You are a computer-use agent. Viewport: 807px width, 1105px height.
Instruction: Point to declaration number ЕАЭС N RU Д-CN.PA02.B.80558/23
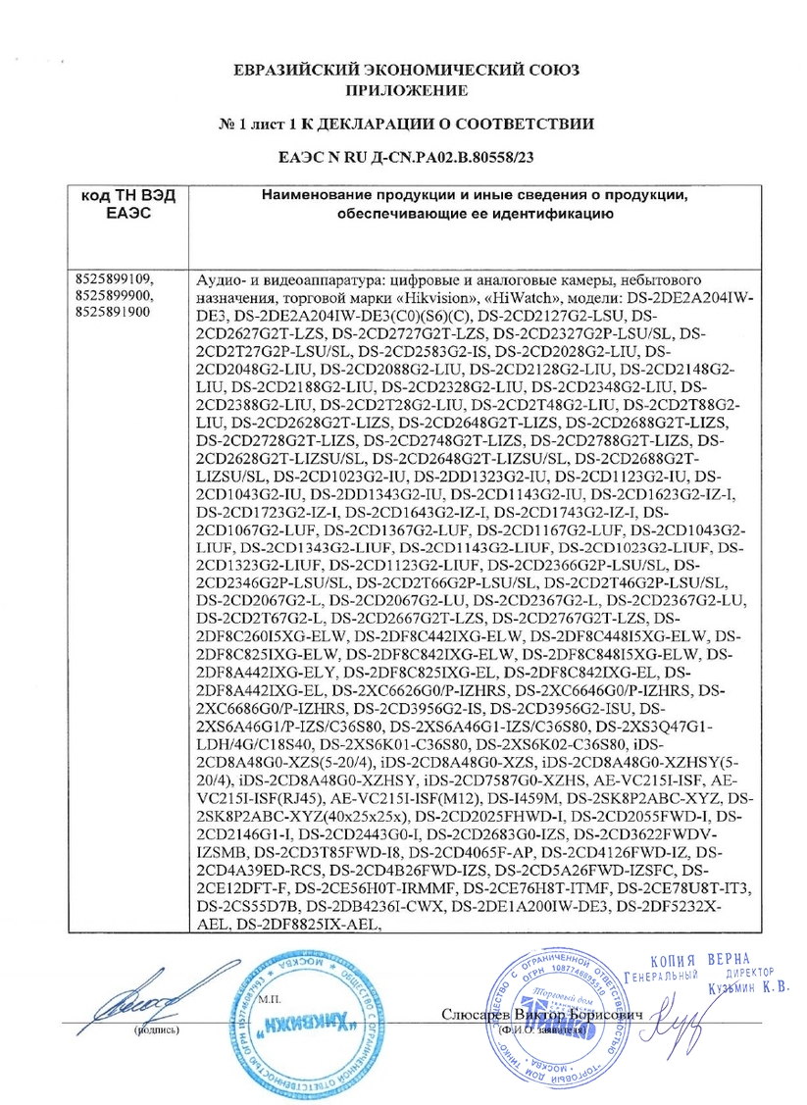(x=406, y=155)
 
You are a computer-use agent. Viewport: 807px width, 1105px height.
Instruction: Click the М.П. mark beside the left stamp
(x=269, y=999)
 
